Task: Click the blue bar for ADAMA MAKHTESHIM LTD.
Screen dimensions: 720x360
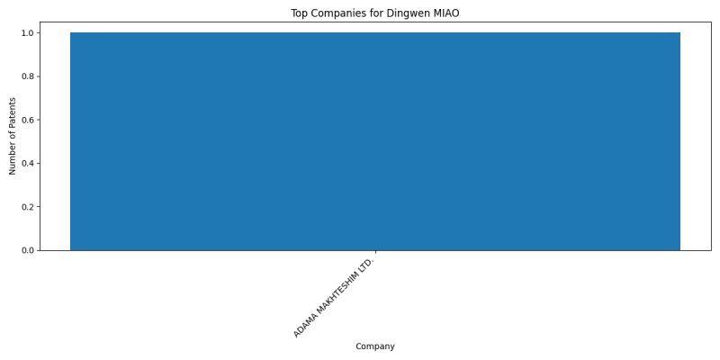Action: pyautogui.click(x=375, y=141)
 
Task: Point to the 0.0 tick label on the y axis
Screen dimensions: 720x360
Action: pyautogui.click(x=28, y=250)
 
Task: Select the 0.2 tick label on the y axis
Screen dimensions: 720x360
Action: pyautogui.click(x=28, y=207)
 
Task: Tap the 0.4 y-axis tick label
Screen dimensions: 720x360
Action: pyautogui.click(x=28, y=164)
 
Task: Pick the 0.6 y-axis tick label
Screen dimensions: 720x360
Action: pyautogui.click(x=28, y=120)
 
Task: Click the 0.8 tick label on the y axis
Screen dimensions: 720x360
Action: pyautogui.click(x=28, y=76)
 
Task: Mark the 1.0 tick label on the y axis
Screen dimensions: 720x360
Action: pyautogui.click(x=28, y=33)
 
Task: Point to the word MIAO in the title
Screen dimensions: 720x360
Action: pyautogui.click(x=446, y=13)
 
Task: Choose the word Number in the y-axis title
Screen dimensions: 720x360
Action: pyautogui.click(x=13, y=161)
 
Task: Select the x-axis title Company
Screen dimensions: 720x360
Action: pyautogui.click(x=375, y=346)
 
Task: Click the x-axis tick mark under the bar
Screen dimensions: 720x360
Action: pyautogui.click(x=375, y=252)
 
